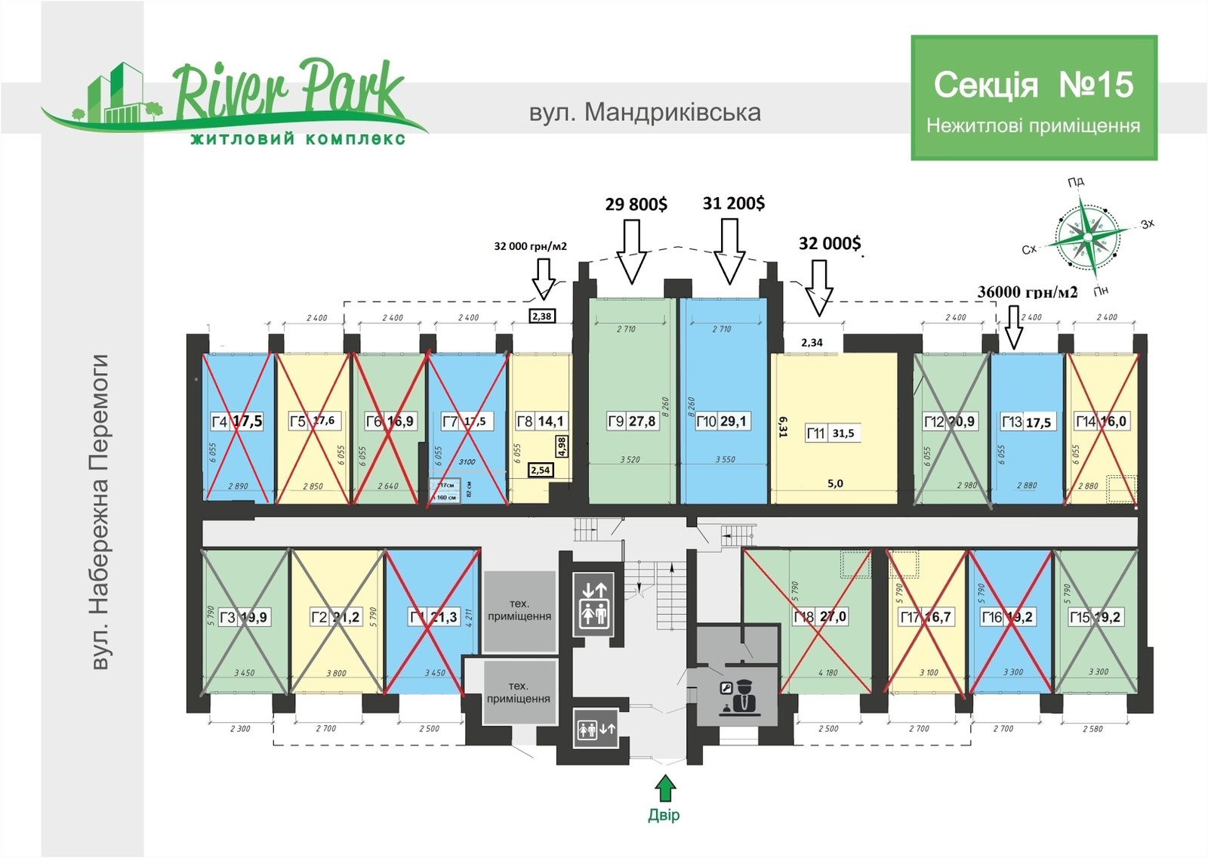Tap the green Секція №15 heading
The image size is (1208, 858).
point(1033,85)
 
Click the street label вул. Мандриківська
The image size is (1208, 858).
point(645,113)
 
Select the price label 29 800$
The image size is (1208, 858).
point(636,204)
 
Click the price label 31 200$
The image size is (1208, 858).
point(733,202)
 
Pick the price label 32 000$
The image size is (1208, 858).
point(829,242)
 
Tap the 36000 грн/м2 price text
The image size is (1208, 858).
point(1028,292)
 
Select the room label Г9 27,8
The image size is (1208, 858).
point(631,421)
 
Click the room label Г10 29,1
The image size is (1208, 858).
point(723,421)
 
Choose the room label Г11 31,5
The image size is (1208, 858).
point(830,433)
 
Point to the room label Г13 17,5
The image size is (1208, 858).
point(1025,422)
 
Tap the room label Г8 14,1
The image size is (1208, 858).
point(540,421)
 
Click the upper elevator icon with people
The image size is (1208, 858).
point(593,603)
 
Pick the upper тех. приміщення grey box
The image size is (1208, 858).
point(519,610)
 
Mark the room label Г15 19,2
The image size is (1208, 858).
point(1095,617)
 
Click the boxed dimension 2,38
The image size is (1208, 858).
point(541,316)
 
